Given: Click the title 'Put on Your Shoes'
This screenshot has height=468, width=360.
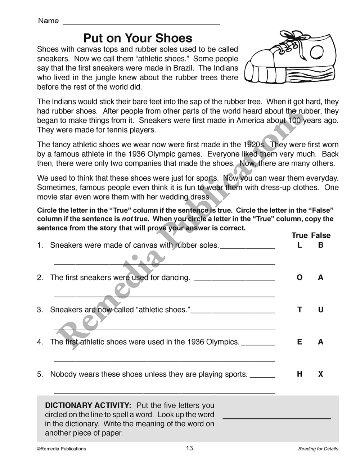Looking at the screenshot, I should tap(138, 38).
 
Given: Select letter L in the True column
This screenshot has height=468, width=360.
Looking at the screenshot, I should tap(300, 245).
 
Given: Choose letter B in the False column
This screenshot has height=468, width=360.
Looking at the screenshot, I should tap(321, 245).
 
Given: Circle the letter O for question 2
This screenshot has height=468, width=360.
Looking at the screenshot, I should tap(300, 278).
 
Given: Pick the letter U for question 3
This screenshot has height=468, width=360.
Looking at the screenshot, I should tap(321, 310).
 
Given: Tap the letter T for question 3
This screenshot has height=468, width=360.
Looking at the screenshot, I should tap(300, 310).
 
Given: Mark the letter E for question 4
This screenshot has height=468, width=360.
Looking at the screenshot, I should tap(300, 342).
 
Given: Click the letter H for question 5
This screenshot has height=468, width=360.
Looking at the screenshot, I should tap(300, 374).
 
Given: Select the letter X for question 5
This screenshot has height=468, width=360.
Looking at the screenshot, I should tap(321, 374).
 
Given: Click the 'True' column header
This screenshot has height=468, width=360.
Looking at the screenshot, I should tap(300, 235).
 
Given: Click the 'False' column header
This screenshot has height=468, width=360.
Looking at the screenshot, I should tap(321, 235).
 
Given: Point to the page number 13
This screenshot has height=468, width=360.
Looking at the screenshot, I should tap(189, 448).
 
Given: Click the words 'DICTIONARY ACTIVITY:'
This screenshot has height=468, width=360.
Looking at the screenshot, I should tap(88, 405).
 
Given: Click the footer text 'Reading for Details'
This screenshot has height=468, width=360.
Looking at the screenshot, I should tap(318, 449).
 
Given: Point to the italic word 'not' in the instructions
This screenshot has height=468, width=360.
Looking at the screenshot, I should tap(128, 219).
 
